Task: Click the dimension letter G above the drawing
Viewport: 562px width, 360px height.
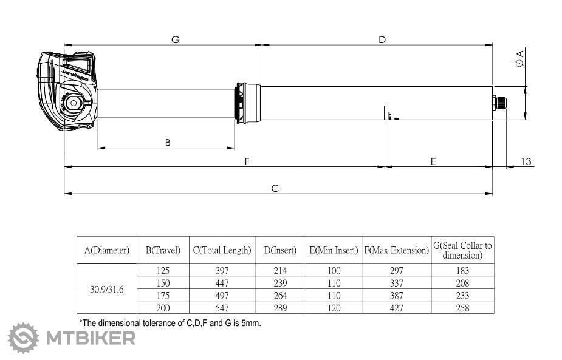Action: pyautogui.click(x=175, y=39)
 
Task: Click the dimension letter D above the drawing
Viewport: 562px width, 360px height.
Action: pyautogui.click(x=382, y=39)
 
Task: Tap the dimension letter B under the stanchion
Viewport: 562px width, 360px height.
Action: pyautogui.click(x=168, y=143)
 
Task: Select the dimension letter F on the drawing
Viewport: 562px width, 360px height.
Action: pyautogui.click(x=247, y=161)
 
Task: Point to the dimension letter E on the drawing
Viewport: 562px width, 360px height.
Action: pyautogui.click(x=433, y=162)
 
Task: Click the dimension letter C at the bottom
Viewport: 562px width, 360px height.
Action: pyautogui.click(x=275, y=188)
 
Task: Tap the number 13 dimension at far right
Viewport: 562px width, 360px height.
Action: pyautogui.click(x=526, y=161)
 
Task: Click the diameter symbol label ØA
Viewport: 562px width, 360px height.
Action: pyautogui.click(x=519, y=58)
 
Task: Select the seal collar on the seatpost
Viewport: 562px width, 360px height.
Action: pyautogui.click(x=248, y=103)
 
